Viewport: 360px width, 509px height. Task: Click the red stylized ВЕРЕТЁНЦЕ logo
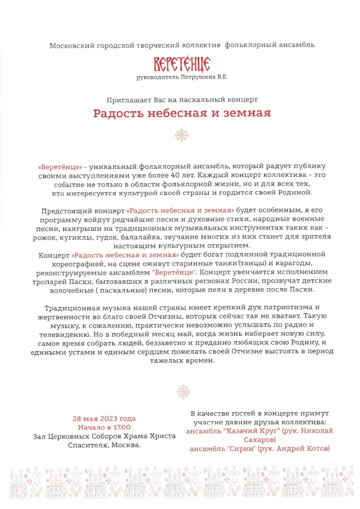click(182, 65)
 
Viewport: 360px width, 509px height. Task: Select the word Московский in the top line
click(70, 45)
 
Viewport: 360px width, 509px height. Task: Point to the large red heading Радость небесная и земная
click(182, 113)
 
